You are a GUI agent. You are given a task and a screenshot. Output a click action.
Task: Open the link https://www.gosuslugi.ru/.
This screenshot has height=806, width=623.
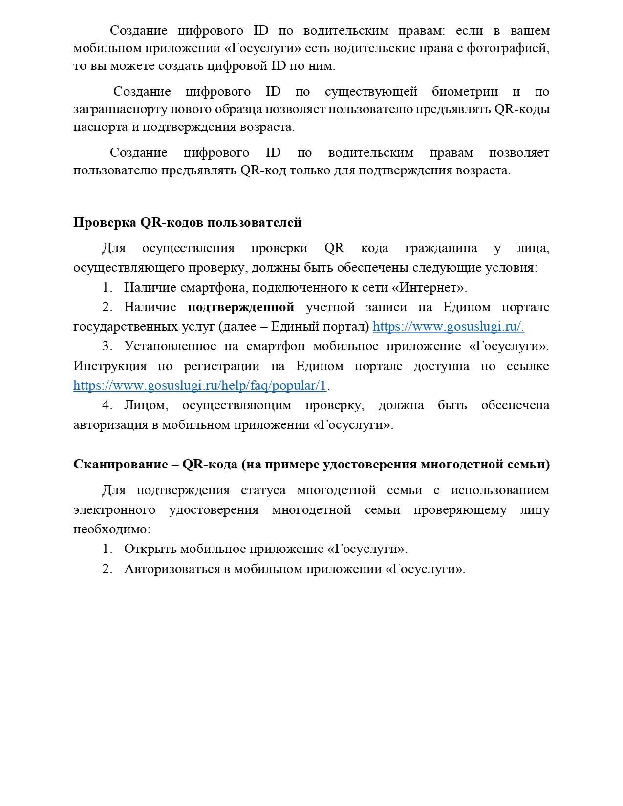(x=448, y=327)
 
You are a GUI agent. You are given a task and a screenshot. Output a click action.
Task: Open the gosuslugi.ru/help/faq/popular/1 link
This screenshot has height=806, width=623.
(x=199, y=386)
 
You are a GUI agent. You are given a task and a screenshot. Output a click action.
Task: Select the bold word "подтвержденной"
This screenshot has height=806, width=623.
(x=241, y=307)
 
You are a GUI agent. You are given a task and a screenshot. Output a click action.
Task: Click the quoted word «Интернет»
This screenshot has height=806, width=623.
(x=431, y=287)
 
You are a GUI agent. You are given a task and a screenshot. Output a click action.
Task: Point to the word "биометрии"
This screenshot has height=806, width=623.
(x=465, y=92)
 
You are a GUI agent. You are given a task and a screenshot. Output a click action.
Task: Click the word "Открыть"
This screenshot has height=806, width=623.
(x=150, y=549)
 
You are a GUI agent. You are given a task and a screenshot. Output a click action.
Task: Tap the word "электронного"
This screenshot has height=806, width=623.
(x=114, y=510)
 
